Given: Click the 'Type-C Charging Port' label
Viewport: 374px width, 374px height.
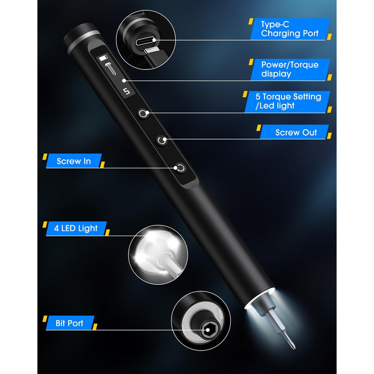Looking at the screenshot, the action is [x=290, y=29].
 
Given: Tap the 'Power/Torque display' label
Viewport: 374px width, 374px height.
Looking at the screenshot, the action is [x=290, y=69].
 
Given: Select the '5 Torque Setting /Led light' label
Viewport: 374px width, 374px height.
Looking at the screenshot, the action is [x=288, y=101].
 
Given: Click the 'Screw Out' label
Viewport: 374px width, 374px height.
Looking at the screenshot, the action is [x=296, y=133].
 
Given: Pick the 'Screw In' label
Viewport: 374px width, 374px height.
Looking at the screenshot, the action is [x=74, y=161].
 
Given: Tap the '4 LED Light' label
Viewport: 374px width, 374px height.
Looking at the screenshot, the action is [x=76, y=228].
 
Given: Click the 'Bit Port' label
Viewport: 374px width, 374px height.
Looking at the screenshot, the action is [x=69, y=323].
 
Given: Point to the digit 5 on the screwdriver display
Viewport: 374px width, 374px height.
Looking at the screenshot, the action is [x=127, y=91].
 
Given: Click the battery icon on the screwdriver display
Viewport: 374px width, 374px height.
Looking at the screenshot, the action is [x=103, y=58].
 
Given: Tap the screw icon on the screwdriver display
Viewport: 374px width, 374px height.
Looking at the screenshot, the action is [x=110, y=68].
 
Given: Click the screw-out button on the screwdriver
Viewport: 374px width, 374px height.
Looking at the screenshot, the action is [x=162, y=140].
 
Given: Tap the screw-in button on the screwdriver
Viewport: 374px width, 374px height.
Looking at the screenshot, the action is [x=181, y=168].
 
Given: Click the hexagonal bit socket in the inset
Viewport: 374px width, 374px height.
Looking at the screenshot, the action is [x=207, y=330].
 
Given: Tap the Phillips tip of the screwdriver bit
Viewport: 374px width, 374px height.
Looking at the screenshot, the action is [x=292, y=344].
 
